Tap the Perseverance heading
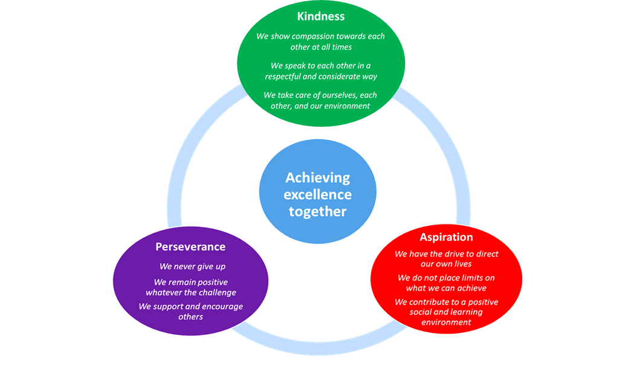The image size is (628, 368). pos(190,247)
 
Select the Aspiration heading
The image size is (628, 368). pos(446,237)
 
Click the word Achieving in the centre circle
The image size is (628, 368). pos(317,178)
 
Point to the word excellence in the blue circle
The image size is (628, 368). pos(317,195)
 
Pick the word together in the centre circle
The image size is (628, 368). pos(317,212)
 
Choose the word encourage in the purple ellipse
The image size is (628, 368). pos(218,306)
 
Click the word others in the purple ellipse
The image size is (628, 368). pos(190,317)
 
